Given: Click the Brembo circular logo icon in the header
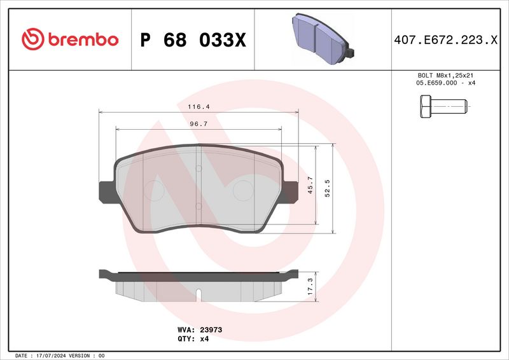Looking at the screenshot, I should click(x=32, y=39).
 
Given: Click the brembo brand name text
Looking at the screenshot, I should click(x=81, y=39).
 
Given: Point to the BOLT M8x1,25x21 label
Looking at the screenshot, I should click(x=445, y=75).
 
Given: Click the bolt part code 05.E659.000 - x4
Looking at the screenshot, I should click(x=445, y=83).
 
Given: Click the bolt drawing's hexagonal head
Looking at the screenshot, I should click(x=425, y=106).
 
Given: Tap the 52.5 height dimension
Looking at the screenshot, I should click(x=328, y=188).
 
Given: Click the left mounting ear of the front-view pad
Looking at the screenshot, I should click(x=106, y=191).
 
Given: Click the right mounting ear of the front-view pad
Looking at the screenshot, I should click(x=291, y=191).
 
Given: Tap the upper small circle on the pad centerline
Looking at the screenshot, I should click(x=199, y=168).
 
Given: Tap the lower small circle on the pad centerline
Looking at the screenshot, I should click(x=199, y=205).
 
